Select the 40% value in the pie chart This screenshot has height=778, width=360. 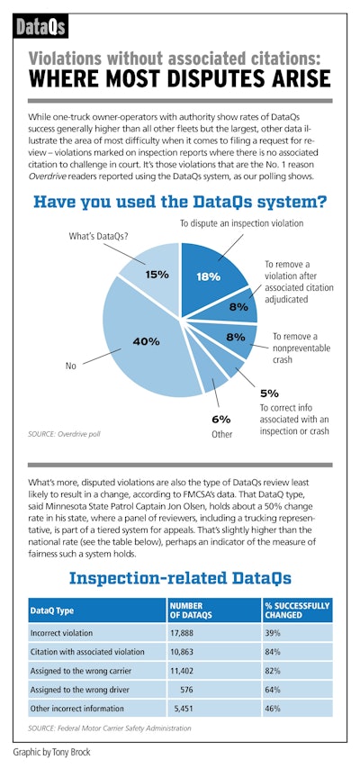pyautogui.click(x=147, y=341)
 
